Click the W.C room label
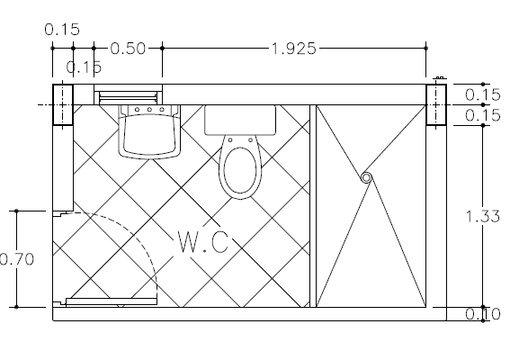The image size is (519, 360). pos(203,242)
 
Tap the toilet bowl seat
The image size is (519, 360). pos(240,170)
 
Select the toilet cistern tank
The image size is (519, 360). pos(240,121)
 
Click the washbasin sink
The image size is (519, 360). pos(149,131)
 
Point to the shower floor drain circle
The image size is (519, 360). pos(366,178)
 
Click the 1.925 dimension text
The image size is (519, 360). pos(294,49)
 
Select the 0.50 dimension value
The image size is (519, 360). pos(128,49)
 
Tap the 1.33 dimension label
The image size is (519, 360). pos(483,216)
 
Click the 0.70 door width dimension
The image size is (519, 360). pos(16,258)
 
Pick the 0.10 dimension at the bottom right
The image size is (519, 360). pos(483,314)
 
